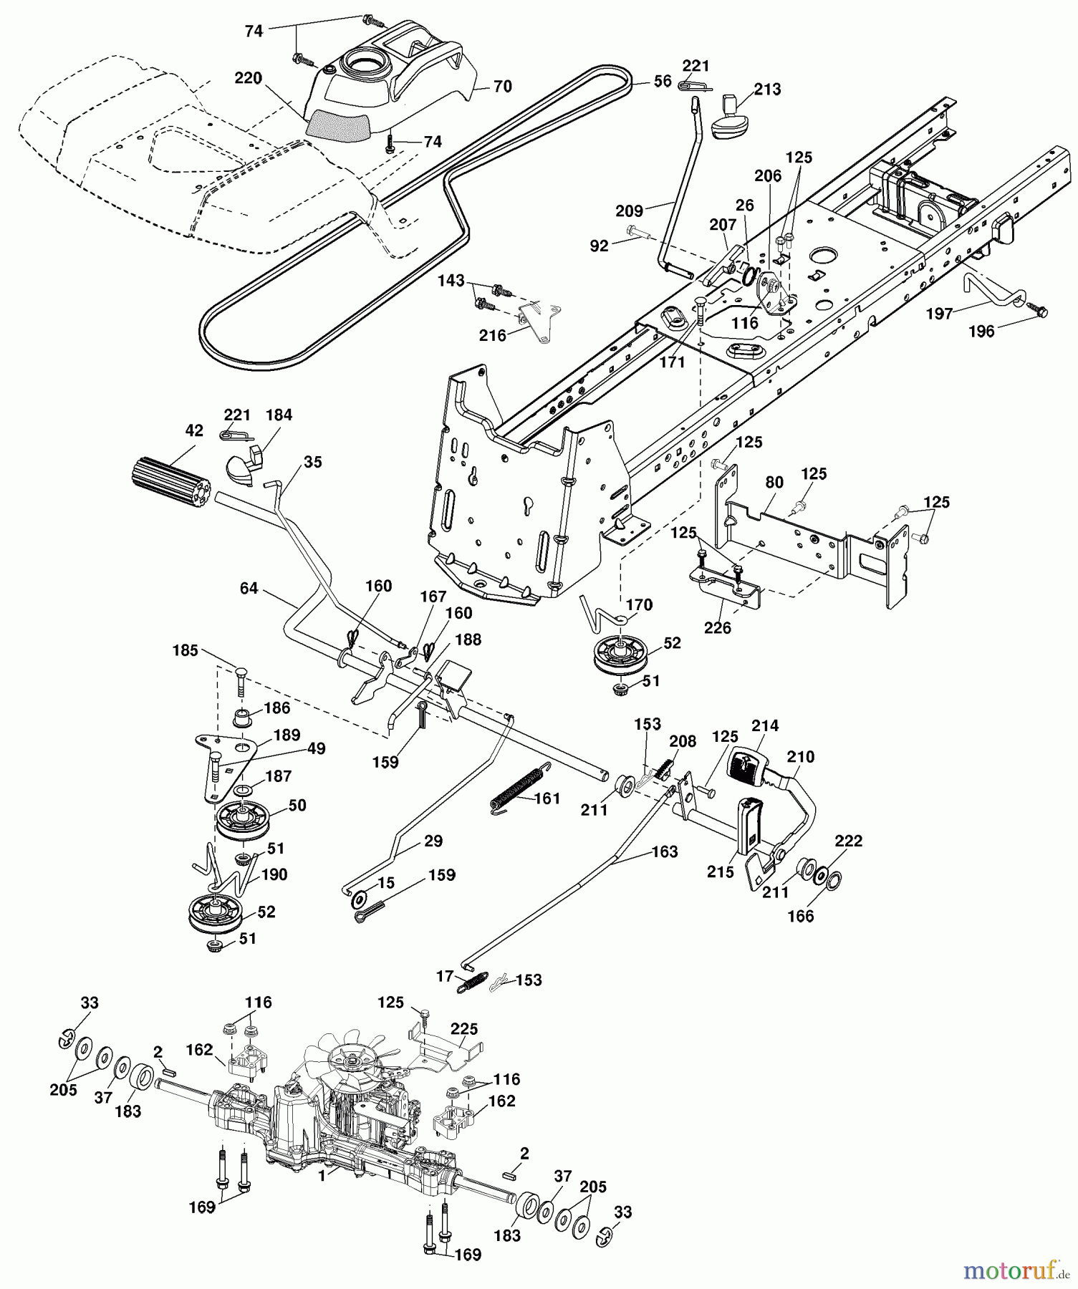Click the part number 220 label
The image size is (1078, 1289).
249,78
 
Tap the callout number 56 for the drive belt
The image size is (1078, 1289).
663,81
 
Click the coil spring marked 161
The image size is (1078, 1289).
521,790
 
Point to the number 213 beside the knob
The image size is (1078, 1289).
767,90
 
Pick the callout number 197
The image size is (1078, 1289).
939,314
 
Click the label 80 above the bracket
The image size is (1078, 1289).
774,482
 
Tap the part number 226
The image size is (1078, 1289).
718,628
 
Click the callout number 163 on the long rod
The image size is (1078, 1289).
665,852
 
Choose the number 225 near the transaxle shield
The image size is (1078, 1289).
464,1030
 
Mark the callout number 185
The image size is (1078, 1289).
186,651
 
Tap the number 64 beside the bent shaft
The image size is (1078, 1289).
249,589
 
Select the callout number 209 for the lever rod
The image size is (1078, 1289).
630,211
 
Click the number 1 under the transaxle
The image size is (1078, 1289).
322,1176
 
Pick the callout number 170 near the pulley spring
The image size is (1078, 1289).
639,605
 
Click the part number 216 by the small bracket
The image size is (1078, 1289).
493,335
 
